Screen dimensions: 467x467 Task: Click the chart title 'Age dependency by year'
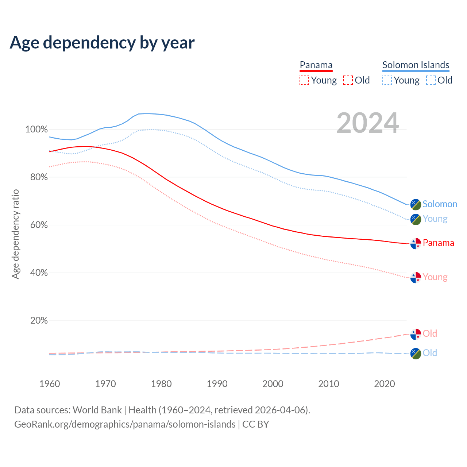(102, 43)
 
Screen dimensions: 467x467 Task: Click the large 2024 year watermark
(367, 123)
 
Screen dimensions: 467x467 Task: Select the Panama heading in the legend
(316, 65)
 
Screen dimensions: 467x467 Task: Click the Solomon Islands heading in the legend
(416, 65)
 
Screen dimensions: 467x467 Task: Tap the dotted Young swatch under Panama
(304, 80)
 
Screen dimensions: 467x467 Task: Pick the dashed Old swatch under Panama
(348, 80)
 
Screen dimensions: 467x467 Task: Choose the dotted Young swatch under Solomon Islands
(387, 80)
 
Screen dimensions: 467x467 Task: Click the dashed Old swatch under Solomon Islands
(431, 80)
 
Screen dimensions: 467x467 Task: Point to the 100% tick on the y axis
(36, 130)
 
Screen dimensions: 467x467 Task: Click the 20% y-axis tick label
(39, 321)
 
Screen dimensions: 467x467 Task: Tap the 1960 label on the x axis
(50, 384)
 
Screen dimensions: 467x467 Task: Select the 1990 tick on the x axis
(217, 384)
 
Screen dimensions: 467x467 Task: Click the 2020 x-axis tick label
(385, 384)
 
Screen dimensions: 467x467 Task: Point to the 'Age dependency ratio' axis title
(15, 234)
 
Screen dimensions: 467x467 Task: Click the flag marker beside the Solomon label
(416, 204)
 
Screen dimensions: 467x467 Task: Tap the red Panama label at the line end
(438, 243)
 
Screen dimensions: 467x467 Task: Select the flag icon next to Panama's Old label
(416, 334)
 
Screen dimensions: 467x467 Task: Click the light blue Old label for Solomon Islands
(430, 353)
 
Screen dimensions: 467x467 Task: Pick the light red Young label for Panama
(435, 277)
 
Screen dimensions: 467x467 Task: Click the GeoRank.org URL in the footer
(125, 424)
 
